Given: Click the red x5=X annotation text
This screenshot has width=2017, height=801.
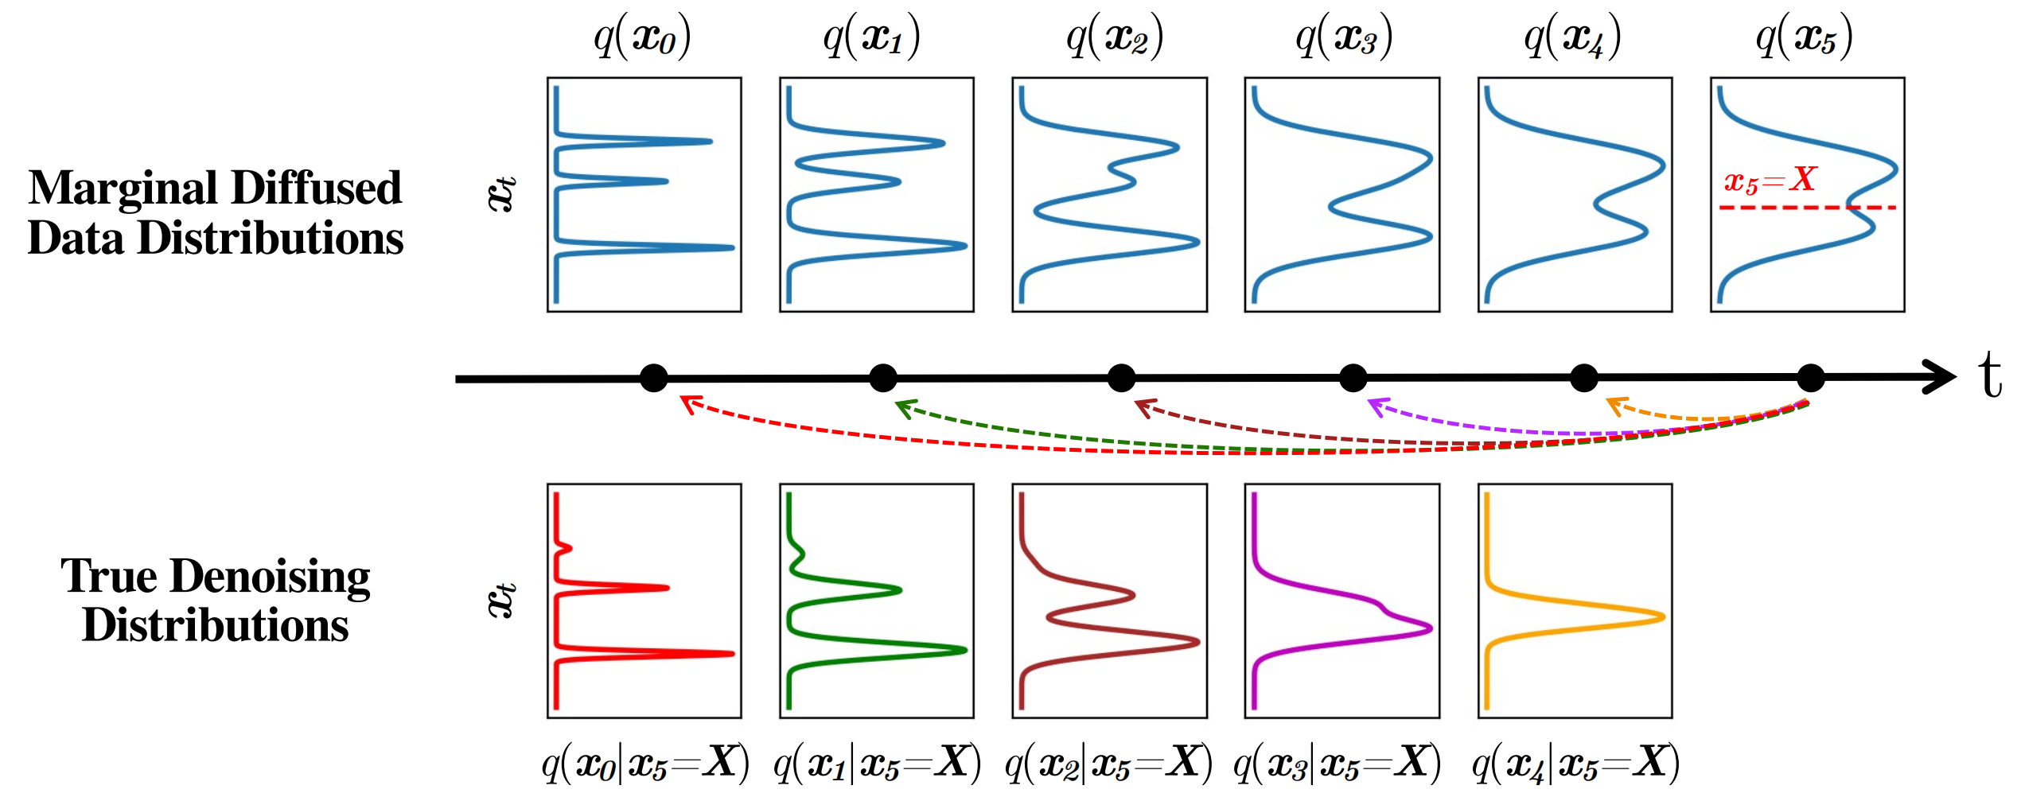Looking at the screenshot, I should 1770,181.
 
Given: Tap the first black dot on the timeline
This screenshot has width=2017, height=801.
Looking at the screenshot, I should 654,378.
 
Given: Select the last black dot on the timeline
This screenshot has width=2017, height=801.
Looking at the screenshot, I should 1810,378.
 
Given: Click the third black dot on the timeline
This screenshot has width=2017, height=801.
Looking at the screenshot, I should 1121,378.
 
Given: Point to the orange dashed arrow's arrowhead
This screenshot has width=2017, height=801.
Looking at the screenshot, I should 1615,405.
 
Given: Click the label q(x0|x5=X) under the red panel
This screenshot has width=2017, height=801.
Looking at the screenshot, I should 645,763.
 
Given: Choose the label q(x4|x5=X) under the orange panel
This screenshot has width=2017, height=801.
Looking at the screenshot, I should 1575,763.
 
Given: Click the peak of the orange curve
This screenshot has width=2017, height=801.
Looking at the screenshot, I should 1661,617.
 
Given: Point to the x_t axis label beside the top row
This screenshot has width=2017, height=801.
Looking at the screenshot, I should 501,193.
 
